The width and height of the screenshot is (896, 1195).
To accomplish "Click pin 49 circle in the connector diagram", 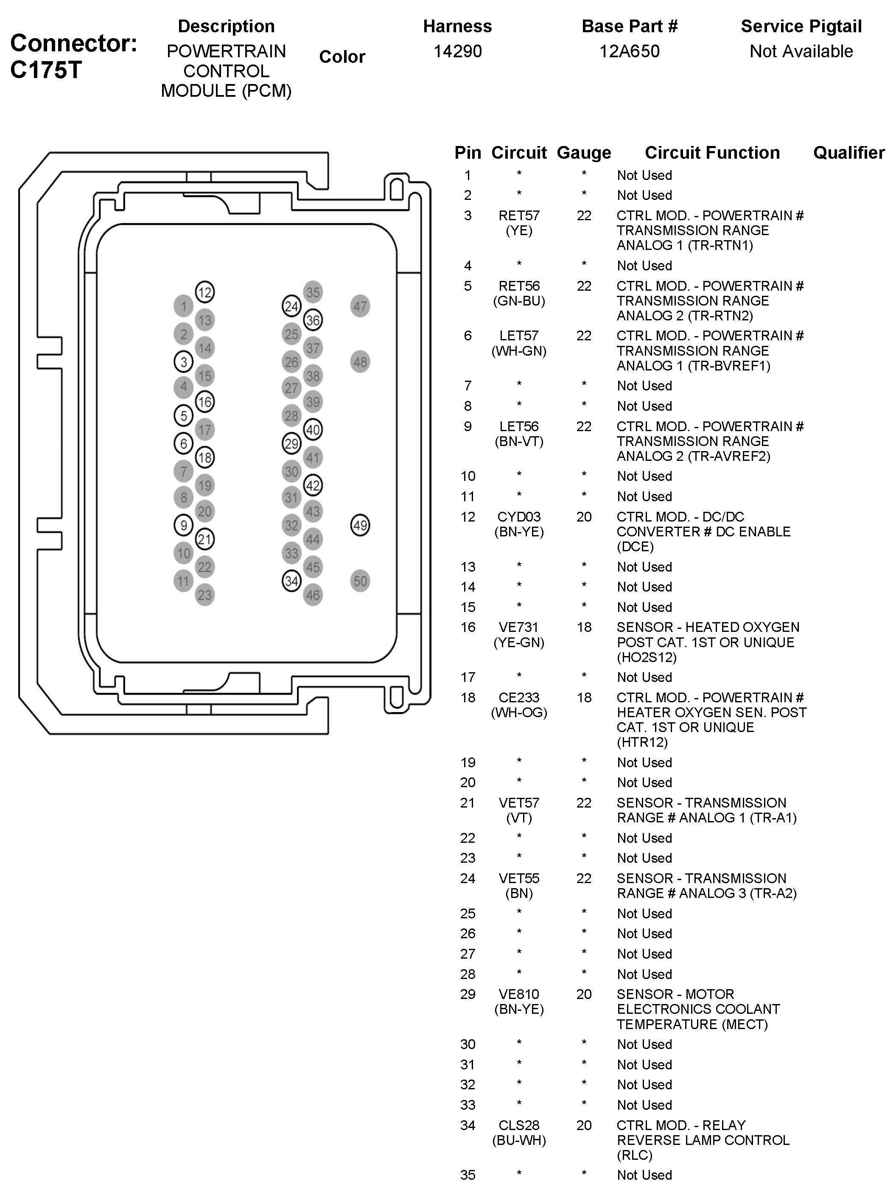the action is [360, 525].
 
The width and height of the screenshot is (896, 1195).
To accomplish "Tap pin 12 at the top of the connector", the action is [204, 292].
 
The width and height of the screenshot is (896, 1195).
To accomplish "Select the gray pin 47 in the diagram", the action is [360, 306].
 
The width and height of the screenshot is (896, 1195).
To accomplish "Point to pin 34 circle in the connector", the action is [291, 581].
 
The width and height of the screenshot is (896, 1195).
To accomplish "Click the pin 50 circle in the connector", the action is [360, 581].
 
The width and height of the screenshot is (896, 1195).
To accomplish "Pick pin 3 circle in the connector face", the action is [184, 362].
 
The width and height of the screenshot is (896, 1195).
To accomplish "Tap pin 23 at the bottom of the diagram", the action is [204, 595].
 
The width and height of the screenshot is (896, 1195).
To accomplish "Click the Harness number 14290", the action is [457, 51].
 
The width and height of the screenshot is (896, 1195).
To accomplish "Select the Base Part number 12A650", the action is [630, 51].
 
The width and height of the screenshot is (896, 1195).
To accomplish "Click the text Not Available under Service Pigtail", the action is [801, 51].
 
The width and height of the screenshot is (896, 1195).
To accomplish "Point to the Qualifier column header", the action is [849, 153].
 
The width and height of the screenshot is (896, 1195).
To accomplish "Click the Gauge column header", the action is [584, 153].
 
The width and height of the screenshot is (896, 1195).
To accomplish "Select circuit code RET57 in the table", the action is [519, 216].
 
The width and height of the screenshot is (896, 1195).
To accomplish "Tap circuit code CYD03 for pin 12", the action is [519, 517].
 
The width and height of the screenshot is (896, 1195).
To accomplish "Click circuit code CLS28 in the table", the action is [519, 1125].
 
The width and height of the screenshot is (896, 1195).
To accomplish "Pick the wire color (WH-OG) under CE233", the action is [519, 713].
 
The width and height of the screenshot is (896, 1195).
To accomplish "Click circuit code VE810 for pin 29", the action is [519, 994].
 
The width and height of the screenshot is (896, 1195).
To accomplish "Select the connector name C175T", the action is [46, 70].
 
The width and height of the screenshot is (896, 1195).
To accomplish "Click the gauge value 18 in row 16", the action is [584, 627].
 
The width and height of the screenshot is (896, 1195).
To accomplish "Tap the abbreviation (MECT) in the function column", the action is [745, 1024].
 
